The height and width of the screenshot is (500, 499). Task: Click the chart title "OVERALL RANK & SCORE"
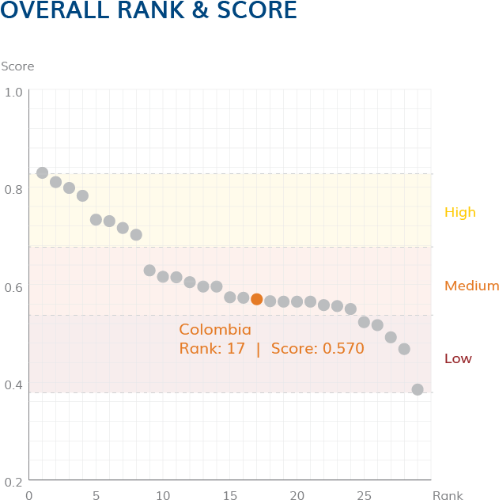click(x=149, y=11)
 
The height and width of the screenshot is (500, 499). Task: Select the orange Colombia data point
click(x=256, y=299)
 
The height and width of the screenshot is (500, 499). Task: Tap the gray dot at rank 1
click(x=43, y=172)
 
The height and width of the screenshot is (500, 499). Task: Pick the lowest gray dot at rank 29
click(x=418, y=389)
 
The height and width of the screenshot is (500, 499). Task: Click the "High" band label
click(x=459, y=212)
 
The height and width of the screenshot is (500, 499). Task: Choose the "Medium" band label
click(x=471, y=286)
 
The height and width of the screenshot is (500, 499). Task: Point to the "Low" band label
click(x=458, y=358)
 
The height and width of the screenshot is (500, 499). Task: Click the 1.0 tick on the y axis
click(x=13, y=93)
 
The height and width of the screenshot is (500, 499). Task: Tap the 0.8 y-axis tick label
click(x=13, y=190)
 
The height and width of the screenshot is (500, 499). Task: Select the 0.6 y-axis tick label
click(x=13, y=287)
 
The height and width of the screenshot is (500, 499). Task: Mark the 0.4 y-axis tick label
click(x=13, y=384)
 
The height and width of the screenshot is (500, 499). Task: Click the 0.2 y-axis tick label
click(x=13, y=482)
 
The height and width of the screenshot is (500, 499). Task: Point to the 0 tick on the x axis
click(x=29, y=495)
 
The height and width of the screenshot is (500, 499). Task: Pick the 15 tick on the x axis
click(x=229, y=495)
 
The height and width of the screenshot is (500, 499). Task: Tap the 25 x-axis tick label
click(x=364, y=495)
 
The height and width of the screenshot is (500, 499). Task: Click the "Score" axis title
click(x=17, y=66)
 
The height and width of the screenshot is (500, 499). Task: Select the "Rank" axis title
click(x=448, y=495)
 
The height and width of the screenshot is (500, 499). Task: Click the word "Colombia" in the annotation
click(x=215, y=330)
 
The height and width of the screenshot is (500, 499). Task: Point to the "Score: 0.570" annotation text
click(x=317, y=348)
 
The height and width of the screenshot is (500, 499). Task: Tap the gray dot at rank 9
click(x=149, y=271)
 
